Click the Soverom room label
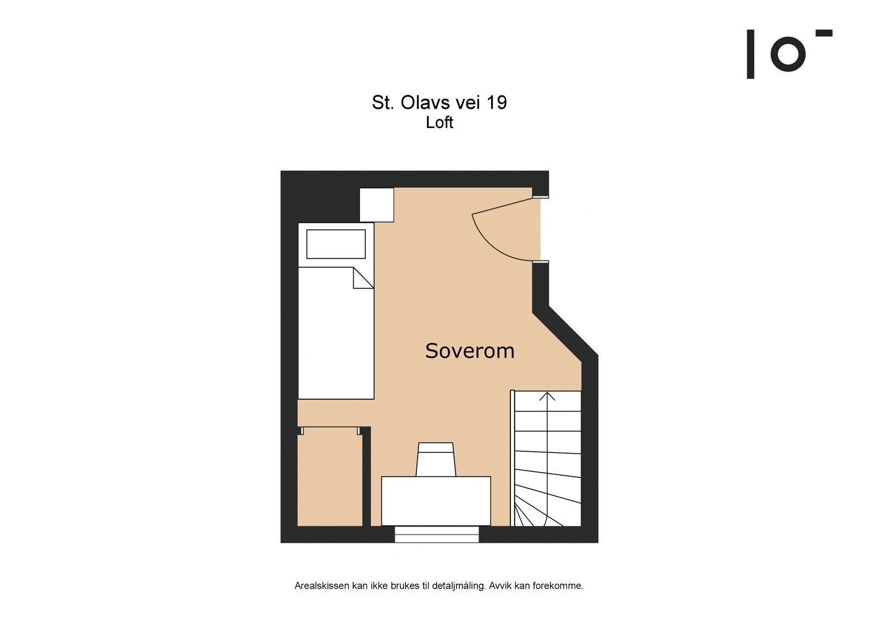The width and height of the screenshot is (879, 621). point(470,351)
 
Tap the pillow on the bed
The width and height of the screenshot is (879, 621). point(336,244)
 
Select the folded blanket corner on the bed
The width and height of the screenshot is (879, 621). point(361,278)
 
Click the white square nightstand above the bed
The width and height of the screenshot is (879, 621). point(377,205)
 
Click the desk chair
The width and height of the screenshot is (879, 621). point(436,459)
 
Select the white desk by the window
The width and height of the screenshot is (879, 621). point(436,501)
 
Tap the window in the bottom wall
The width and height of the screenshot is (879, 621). point(437,534)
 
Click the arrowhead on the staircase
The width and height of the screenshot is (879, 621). point(547,396)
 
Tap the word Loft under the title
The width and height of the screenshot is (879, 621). point(439,122)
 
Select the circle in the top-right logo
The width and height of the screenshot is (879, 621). point(788,54)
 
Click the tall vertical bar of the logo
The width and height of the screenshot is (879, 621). point(750,54)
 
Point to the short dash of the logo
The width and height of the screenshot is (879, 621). point(824,33)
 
